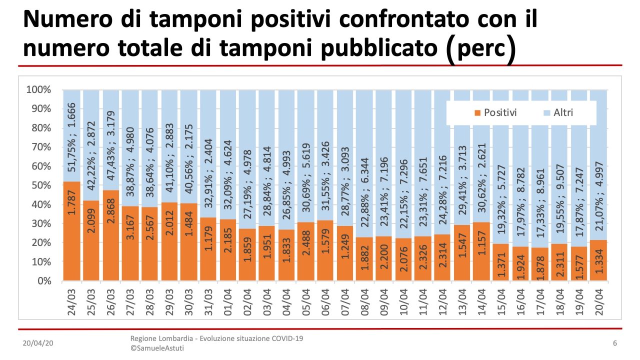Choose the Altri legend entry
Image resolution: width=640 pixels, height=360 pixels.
557,112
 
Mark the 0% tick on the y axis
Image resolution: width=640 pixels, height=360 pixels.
43,281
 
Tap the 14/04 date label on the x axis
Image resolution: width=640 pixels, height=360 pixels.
483,302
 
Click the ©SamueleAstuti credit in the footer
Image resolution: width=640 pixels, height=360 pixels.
157,348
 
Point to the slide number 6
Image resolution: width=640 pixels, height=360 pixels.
614,343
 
